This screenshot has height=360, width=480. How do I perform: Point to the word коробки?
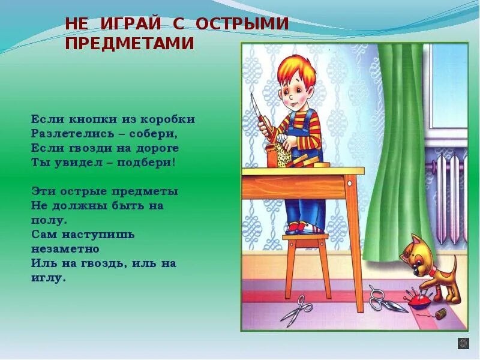click(167, 119)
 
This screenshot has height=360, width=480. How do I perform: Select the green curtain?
click(396, 150)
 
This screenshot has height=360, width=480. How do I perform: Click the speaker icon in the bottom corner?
click(463, 343)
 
